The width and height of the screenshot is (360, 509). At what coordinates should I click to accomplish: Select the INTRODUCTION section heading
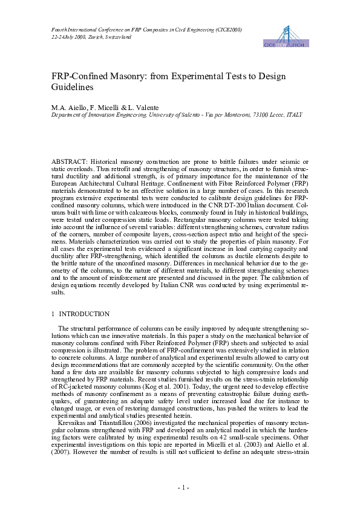(84, 314)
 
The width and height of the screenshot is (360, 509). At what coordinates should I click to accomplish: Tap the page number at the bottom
(180, 487)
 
